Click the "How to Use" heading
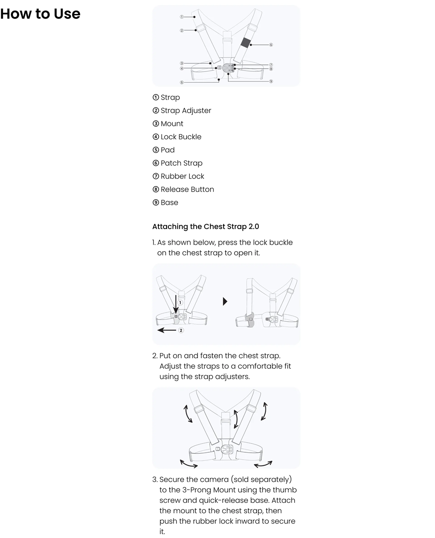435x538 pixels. click(40, 13)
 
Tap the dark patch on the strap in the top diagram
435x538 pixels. click(245, 42)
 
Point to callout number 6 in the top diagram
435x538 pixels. click(271, 45)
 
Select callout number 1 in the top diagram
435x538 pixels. click(181, 17)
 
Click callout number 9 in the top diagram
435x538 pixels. click(271, 81)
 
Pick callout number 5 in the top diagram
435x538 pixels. click(181, 82)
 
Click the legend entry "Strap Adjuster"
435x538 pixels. click(182, 111)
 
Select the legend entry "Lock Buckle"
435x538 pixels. click(177, 137)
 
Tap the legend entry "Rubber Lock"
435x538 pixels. click(178, 176)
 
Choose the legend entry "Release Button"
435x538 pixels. click(183, 189)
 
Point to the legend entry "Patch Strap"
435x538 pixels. click(177, 163)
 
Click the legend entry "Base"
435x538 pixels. click(165, 202)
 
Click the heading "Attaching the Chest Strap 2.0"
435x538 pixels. click(205, 226)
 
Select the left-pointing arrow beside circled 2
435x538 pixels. click(167, 330)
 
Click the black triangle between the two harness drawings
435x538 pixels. click(225, 301)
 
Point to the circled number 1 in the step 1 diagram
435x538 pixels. click(180, 303)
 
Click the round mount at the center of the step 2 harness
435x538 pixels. click(227, 449)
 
